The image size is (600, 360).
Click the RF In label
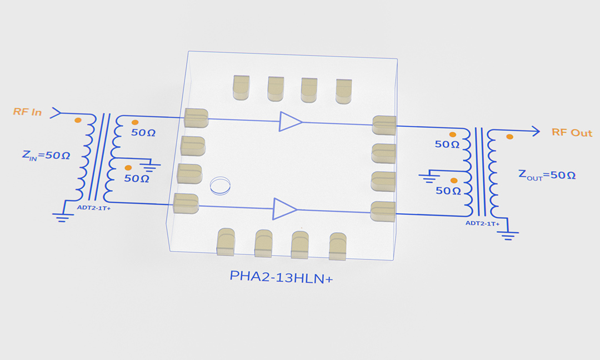pos(27,112)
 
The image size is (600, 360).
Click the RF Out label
pos(572,133)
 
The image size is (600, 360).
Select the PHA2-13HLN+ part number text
pos(281,277)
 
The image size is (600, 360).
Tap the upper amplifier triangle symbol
pos(290,122)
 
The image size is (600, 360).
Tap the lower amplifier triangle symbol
pos(284,209)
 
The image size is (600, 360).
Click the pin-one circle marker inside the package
pos(221,185)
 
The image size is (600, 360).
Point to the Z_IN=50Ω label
pos(46,156)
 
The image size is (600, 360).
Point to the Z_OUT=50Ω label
pos(547,175)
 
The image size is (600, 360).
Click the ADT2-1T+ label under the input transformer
pos(94,209)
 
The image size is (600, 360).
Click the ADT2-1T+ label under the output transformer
pos(482,224)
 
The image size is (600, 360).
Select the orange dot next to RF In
pos(78,120)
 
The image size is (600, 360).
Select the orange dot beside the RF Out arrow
pos(509,137)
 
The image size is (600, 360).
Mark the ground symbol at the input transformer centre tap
pos(149,166)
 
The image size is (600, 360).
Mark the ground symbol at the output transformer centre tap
pos(428,178)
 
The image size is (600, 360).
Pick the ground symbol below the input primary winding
pos(63,218)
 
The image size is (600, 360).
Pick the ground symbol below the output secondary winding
pos(508,236)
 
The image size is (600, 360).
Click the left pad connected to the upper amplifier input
pos(196,118)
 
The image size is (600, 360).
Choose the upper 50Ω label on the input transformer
pos(143,133)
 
